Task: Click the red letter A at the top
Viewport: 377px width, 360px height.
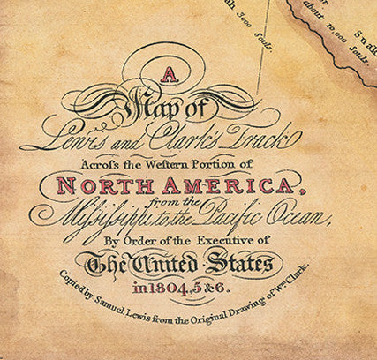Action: tap(173, 77)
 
